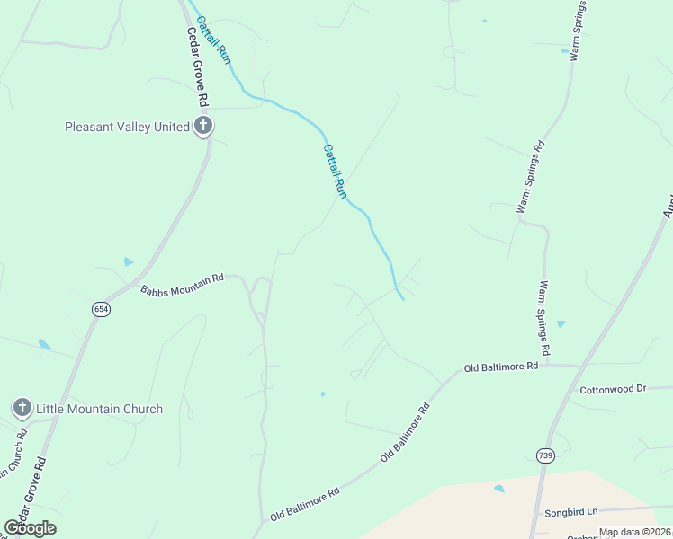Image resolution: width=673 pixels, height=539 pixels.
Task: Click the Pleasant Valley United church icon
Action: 203,127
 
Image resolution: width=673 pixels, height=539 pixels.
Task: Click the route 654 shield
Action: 100,309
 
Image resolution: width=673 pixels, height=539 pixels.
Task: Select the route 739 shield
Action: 543,455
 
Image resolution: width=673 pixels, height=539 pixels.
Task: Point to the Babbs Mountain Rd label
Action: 182,285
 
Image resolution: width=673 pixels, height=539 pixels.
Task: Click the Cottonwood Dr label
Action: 613,389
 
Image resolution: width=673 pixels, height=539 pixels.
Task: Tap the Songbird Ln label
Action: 570,512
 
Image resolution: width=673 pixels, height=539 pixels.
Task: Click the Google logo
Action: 30,528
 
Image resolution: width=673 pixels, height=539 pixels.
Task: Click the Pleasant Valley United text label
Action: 127,127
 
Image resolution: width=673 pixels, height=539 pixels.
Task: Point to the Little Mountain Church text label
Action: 99,409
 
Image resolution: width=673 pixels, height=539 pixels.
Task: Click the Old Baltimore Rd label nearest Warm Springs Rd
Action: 500,367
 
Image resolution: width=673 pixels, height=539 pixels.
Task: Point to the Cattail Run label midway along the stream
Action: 335,170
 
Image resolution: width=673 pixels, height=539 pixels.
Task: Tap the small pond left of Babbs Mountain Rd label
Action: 129,262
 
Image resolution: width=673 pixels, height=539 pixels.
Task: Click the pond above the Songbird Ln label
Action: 499,489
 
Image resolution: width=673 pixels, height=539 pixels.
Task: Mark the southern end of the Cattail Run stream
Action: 400,299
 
